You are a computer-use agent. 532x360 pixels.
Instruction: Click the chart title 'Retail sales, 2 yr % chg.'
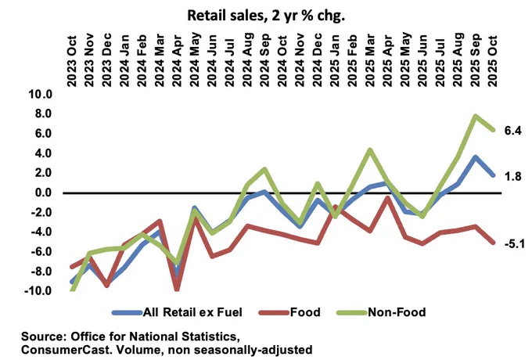pyautogui.click(x=266, y=16)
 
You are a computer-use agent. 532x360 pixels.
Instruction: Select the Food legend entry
pyautogui.click(x=289, y=312)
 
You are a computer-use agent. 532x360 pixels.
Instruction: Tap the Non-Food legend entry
pyautogui.click(x=381, y=312)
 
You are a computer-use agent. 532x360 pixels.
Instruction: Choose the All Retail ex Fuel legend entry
pyautogui.click(x=177, y=312)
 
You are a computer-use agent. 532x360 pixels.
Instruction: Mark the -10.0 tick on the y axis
pyautogui.click(x=38, y=291)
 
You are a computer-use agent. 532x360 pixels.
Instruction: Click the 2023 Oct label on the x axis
pyautogui.click(x=72, y=61)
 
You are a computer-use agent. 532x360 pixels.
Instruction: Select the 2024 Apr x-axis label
pyautogui.click(x=178, y=61)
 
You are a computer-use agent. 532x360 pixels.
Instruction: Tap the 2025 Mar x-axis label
pyautogui.click(x=370, y=60)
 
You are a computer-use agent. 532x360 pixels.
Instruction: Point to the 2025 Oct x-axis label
pyautogui.click(x=492, y=61)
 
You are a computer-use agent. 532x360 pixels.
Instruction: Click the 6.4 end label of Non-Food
pyautogui.click(x=512, y=130)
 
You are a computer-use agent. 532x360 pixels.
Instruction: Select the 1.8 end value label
pyautogui.click(x=512, y=176)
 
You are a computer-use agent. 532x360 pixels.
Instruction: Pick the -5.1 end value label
pyautogui.click(x=514, y=243)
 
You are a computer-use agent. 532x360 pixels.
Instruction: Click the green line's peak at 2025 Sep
pyautogui.click(x=475, y=117)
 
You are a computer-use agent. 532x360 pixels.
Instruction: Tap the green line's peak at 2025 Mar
pyautogui.click(x=370, y=149)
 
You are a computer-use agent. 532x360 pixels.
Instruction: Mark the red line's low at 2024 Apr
pyautogui.click(x=177, y=290)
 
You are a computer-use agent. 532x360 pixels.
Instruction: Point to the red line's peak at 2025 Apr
pyautogui.click(x=387, y=197)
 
